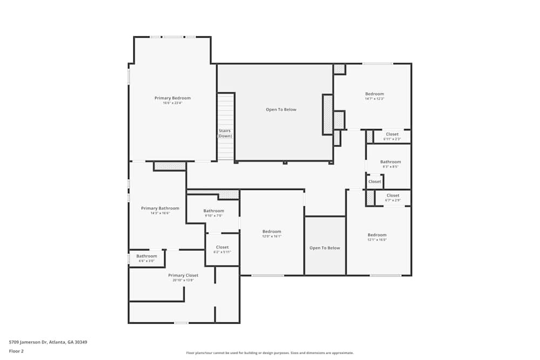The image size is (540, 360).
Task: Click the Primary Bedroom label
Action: pyautogui.click(x=172, y=98)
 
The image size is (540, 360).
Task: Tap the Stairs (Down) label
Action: pyautogui.click(x=225, y=133)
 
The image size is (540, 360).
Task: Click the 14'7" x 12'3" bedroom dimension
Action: pyautogui.click(x=374, y=99)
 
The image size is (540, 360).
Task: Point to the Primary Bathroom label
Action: pyautogui.click(x=160, y=208)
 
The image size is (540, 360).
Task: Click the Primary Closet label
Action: pyautogui.click(x=183, y=275)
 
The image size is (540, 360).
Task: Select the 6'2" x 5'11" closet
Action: pyautogui.click(x=222, y=249)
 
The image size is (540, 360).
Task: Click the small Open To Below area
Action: pyautogui.click(x=325, y=248)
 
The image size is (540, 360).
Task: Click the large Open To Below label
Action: pyautogui.click(x=281, y=110)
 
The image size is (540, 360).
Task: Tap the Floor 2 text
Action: pyautogui.click(x=16, y=351)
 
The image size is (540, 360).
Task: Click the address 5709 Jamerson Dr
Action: pyautogui.click(x=48, y=342)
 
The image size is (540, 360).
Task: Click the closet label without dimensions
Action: pyautogui.click(x=375, y=182)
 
